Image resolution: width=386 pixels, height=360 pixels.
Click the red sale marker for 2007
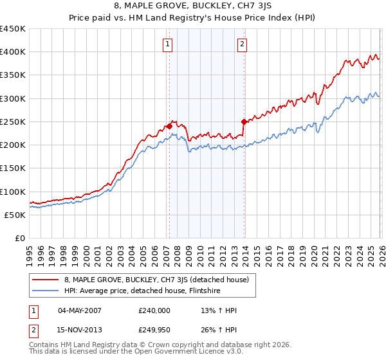tap(169, 127)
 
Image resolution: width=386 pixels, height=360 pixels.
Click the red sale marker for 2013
tap(244, 122)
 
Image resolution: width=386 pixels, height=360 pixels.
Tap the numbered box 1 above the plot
tap(167, 44)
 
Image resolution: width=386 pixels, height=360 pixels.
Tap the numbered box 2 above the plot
tap(242, 44)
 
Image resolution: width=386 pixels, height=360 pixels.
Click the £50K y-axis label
tap(15, 215)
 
